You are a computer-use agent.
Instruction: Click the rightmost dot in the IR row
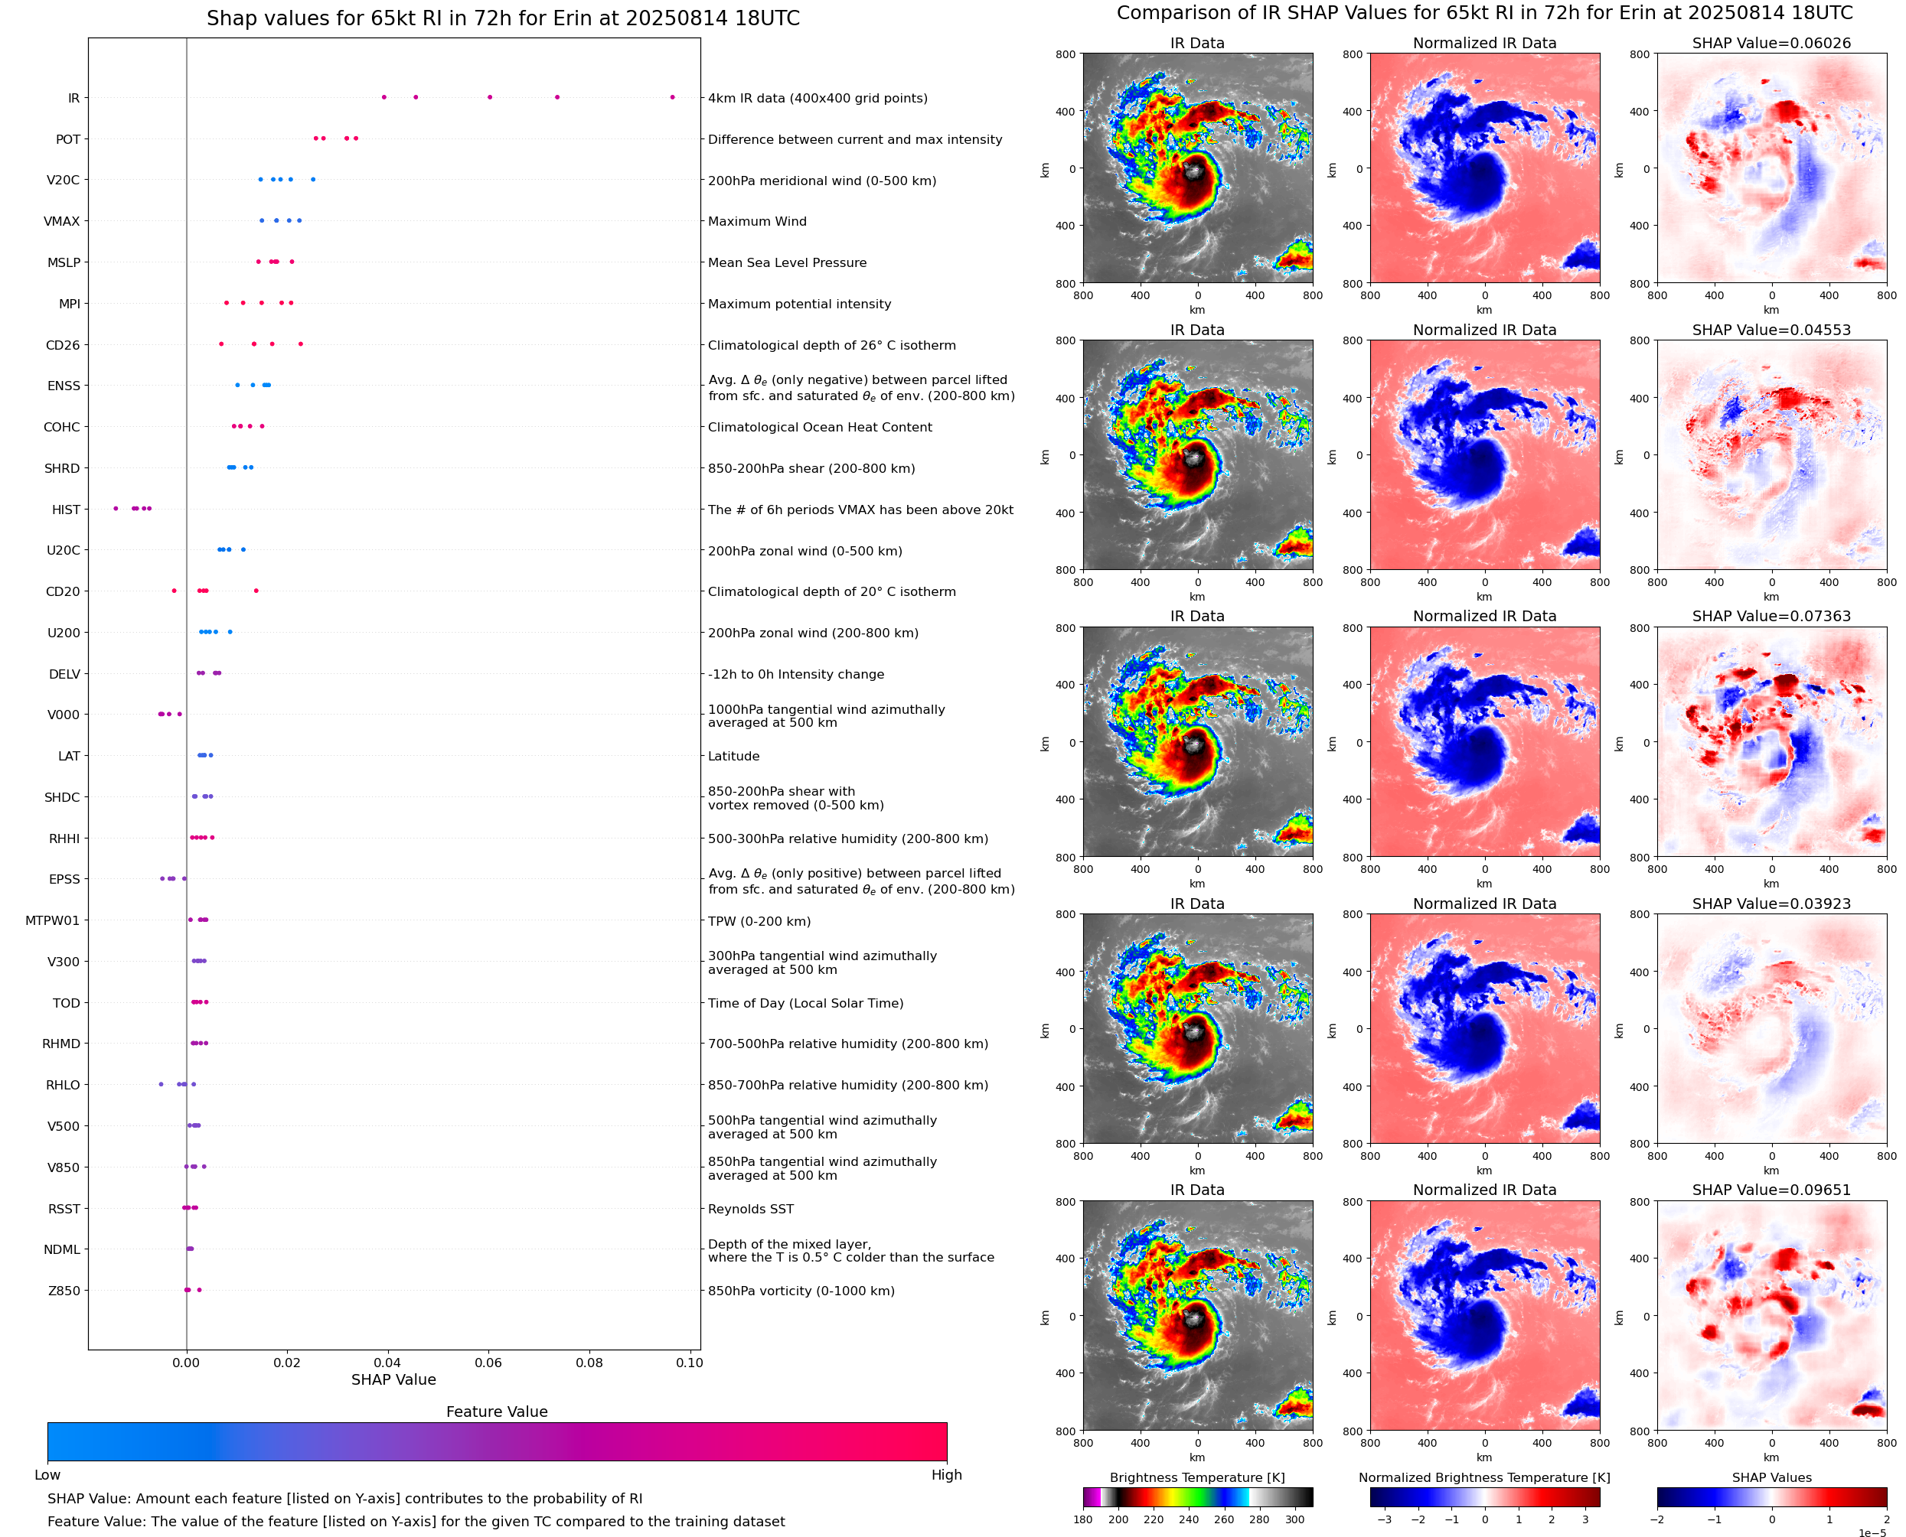click(672, 97)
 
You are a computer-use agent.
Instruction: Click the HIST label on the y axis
click(66, 510)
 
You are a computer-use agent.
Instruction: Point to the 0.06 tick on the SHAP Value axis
click(488, 1363)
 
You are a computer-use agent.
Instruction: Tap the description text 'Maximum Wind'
click(756, 221)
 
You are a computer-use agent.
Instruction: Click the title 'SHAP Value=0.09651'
click(1771, 1190)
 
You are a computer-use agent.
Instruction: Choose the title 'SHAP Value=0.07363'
click(1771, 616)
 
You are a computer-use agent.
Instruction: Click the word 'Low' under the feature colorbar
click(47, 1475)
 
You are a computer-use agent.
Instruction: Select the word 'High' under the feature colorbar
click(946, 1475)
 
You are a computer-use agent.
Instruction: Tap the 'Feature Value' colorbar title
click(497, 1412)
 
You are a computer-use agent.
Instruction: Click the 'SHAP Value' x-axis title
click(393, 1379)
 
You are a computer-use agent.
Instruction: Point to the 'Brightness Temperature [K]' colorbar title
click(1196, 1477)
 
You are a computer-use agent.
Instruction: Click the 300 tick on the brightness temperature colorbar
click(1295, 1519)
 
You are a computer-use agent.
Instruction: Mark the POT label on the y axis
click(68, 140)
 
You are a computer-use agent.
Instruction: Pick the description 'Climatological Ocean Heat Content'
click(819, 428)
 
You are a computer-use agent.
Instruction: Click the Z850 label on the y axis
click(64, 1291)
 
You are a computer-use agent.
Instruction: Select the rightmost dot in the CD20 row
click(256, 591)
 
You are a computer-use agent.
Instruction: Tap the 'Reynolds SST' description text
click(750, 1210)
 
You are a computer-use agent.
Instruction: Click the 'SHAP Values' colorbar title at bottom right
click(1771, 1477)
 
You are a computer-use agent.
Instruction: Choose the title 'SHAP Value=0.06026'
click(1771, 43)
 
